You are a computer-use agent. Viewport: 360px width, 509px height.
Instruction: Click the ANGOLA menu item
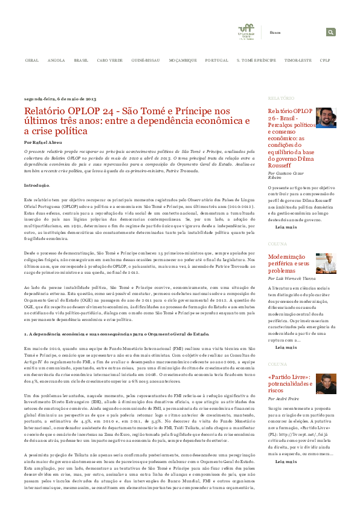(x=56, y=61)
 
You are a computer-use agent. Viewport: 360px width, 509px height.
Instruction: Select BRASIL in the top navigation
(x=81, y=61)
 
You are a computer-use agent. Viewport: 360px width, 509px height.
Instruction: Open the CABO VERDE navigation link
(x=109, y=61)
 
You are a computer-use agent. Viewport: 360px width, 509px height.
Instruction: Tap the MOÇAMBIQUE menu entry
(x=182, y=61)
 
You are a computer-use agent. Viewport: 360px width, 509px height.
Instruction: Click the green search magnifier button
(x=331, y=32)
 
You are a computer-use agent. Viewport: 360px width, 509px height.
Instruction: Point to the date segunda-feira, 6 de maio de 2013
(x=60, y=98)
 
